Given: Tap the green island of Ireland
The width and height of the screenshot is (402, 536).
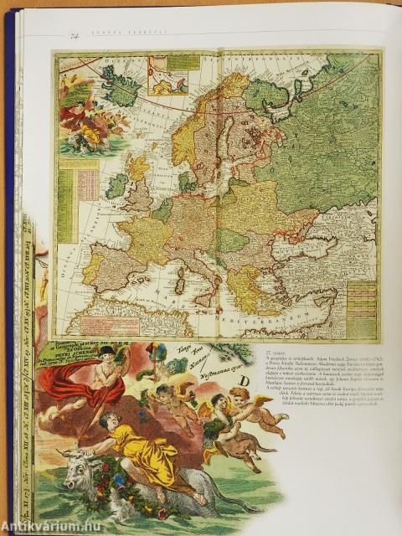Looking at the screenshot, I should [x=116, y=186].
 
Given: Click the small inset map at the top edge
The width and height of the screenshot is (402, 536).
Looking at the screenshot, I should [x=167, y=75].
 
